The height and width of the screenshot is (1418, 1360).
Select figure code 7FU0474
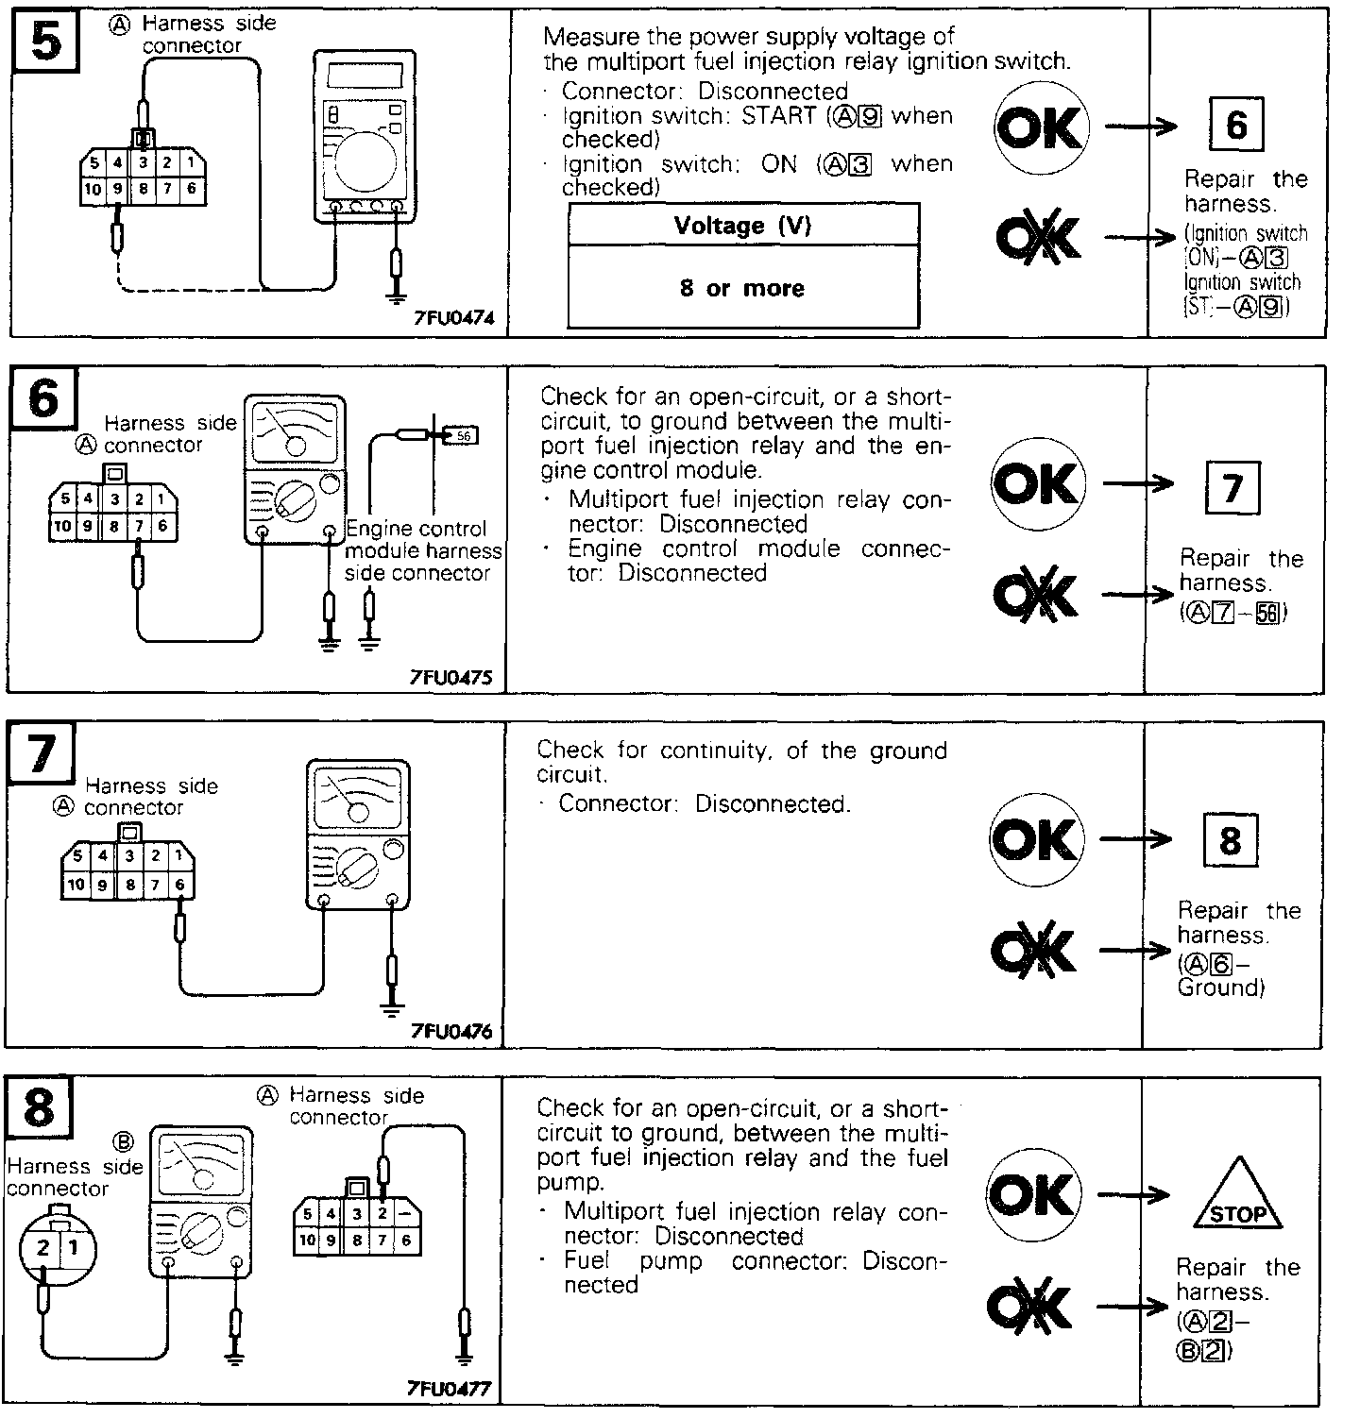[x=453, y=319]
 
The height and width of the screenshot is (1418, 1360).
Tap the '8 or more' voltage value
[x=742, y=288]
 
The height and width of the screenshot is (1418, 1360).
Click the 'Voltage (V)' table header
[x=742, y=226]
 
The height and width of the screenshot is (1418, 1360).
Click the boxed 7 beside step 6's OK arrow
[x=1232, y=489]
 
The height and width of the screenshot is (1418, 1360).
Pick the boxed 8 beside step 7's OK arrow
[x=1230, y=840]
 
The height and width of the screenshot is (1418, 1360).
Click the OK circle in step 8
[x=1032, y=1195]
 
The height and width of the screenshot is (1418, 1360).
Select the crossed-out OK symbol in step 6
[x=1034, y=595]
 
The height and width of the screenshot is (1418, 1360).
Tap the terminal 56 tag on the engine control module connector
[x=463, y=436]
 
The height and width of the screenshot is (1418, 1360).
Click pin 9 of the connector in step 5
[x=117, y=189]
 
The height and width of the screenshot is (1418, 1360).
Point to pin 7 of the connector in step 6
[x=138, y=526]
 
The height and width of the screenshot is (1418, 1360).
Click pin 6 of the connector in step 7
[x=180, y=885]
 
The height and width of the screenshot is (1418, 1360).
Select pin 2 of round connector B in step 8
[x=42, y=1247]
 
